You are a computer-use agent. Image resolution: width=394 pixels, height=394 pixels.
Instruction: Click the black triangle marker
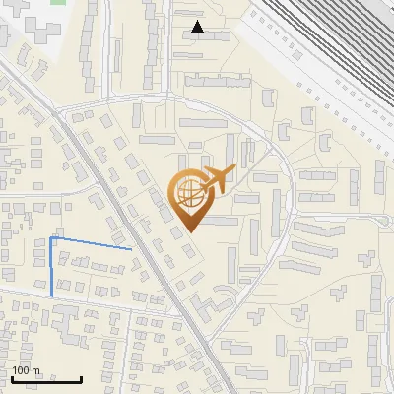[x=198, y=27]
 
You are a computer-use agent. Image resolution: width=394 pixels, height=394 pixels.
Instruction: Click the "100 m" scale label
[x=26, y=370]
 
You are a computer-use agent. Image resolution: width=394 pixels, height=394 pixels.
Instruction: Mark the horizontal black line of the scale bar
[x=46, y=379]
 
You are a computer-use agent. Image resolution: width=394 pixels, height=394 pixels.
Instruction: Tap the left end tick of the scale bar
[x=12, y=377]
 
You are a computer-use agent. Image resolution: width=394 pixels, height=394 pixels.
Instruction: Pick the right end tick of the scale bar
[x=82, y=377]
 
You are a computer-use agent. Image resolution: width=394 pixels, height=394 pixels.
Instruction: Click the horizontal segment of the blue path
[x=89, y=243]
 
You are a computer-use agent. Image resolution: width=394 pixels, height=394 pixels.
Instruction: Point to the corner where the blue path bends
[x=51, y=238]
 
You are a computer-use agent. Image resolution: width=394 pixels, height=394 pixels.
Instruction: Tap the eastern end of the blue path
[x=130, y=250]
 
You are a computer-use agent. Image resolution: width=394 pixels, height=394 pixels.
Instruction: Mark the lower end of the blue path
[x=51, y=295]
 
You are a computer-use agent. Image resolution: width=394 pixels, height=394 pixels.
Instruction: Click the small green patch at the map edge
[x=57, y=2]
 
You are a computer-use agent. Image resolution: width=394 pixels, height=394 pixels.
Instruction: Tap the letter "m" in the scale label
[x=35, y=370]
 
